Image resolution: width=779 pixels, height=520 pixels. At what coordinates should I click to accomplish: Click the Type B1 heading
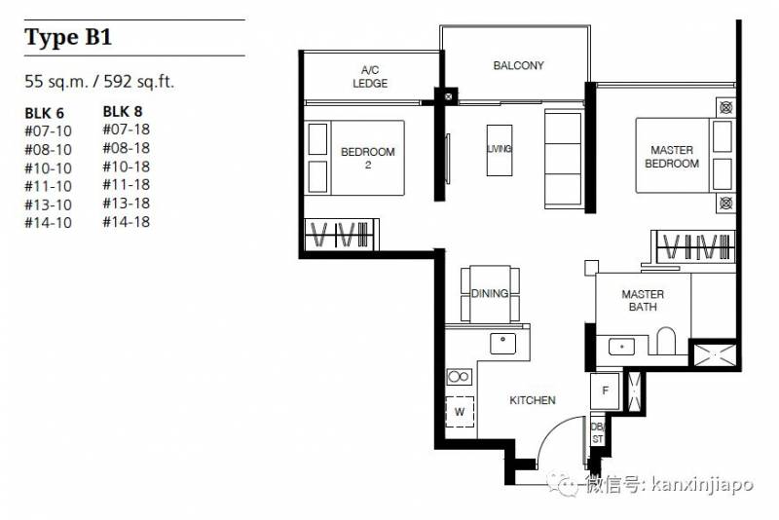(68, 38)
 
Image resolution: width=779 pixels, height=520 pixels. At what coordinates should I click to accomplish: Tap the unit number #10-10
(48, 168)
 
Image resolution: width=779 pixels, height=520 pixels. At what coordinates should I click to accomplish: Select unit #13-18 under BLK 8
(127, 204)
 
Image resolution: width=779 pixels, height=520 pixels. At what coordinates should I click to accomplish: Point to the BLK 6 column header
(44, 113)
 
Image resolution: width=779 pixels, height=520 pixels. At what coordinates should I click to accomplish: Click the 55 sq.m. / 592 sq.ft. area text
(99, 81)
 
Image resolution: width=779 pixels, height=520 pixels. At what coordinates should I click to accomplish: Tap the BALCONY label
(518, 65)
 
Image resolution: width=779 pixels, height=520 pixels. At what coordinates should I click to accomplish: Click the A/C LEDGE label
(370, 77)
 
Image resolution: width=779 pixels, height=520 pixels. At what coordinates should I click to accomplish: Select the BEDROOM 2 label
(368, 158)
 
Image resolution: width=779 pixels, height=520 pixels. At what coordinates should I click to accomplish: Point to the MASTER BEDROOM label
(672, 157)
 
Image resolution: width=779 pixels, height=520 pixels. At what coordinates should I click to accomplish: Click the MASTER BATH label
(643, 301)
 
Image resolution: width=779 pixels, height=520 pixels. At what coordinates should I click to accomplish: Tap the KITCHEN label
(532, 400)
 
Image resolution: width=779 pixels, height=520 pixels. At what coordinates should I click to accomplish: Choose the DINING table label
(490, 293)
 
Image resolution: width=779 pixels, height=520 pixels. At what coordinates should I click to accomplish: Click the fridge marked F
(605, 390)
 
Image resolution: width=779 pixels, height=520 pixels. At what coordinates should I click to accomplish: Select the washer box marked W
(460, 412)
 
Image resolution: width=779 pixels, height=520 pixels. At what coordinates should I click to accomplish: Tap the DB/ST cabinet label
(597, 432)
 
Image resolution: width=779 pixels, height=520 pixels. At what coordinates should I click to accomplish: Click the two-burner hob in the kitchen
(459, 377)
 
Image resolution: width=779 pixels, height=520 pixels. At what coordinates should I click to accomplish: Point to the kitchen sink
(502, 343)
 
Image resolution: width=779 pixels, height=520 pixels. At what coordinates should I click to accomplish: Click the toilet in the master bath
(666, 340)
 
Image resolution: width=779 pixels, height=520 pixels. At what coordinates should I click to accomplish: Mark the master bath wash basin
(621, 346)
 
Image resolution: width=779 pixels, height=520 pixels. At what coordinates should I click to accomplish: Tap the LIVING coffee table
(500, 150)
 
